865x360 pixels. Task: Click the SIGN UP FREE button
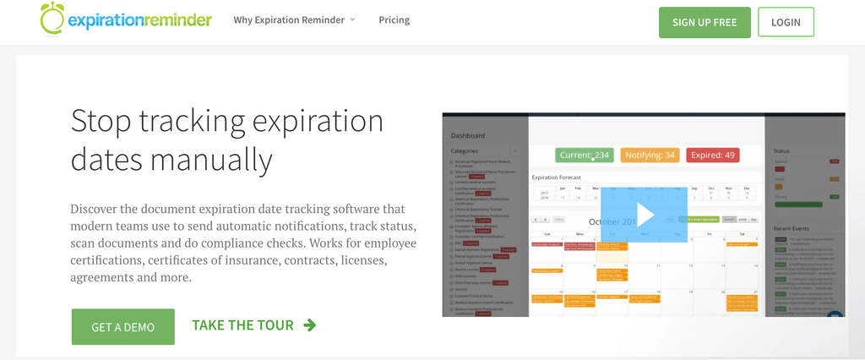click(x=704, y=22)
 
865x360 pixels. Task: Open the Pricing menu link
click(x=394, y=19)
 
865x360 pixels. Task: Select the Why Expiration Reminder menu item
click(x=288, y=19)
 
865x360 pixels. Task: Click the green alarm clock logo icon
click(x=52, y=19)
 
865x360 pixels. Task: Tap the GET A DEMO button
click(x=122, y=327)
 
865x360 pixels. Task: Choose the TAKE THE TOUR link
click(x=243, y=325)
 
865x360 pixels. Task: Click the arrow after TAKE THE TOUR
click(x=310, y=325)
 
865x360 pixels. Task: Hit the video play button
click(x=645, y=215)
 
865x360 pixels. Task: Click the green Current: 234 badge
click(x=584, y=155)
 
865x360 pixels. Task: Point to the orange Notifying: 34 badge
click(x=649, y=155)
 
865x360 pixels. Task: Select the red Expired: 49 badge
click(x=712, y=155)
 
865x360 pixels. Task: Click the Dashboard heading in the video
click(x=468, y=135)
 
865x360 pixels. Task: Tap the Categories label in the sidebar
click(x=465, y=151)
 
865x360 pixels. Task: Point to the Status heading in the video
click(x=781, y=151)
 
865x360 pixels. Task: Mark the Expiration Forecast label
click(x=557, y=177)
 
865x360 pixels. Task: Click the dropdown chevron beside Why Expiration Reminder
click(x=352, y=19)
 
